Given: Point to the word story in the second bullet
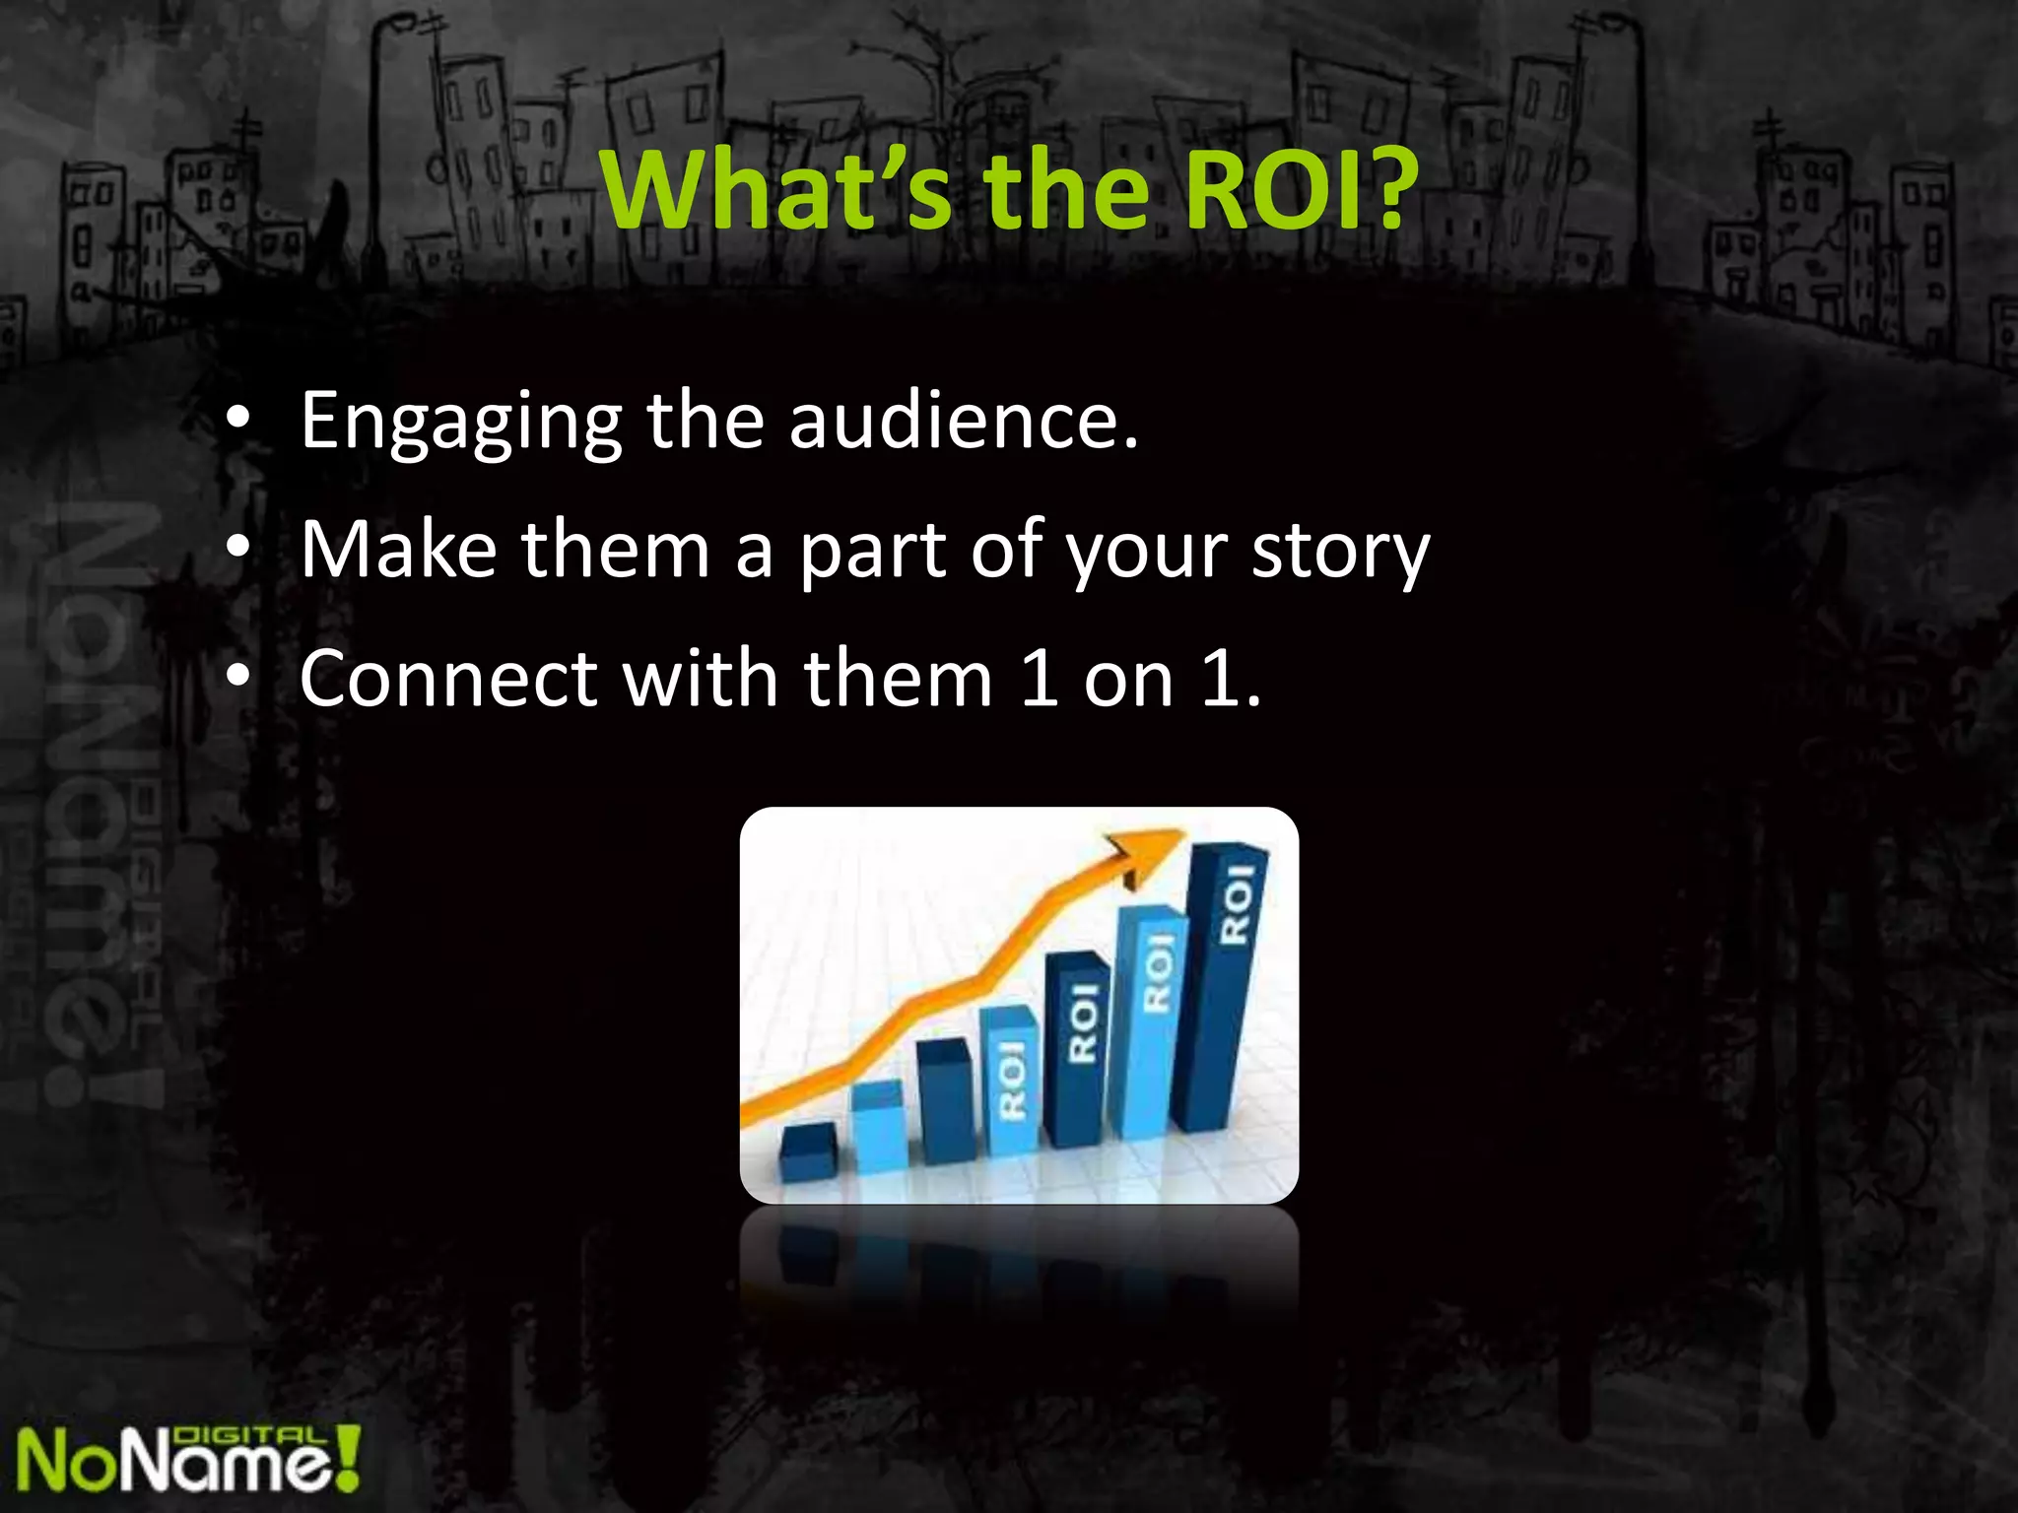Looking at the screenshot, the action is pyautogui.click(x=1340, y=552).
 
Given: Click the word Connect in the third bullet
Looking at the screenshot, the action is pyautogui.click(x=448, y=679).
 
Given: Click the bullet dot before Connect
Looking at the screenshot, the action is pyautogui.click(x=237, y=678).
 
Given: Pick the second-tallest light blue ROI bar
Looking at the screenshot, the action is pyautogui.click(x=1148, y=1024).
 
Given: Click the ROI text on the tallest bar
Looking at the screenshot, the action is pyautogui.click(x=1237, y=903).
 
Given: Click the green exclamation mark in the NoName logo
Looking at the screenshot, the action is pyautogui.click(x=347, y=1457).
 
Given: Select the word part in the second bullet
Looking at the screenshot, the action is pyautogui.click(x=872, y=552).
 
